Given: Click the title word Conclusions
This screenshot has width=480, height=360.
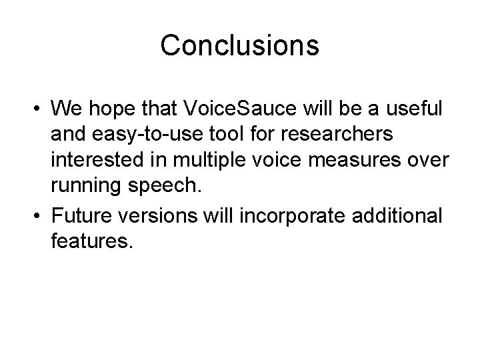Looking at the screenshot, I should pos(240,45).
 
